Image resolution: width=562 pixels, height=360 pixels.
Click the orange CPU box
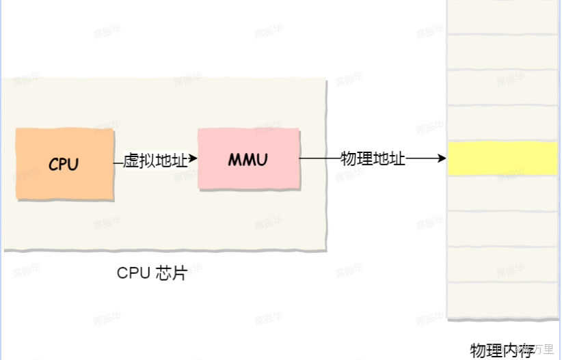(x=64, y=163)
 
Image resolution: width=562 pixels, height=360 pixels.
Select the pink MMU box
(x=248, y=158)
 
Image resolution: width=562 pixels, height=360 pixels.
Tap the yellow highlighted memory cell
(x=503, y=158)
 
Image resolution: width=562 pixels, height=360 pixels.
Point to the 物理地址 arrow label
(x=373, y=159)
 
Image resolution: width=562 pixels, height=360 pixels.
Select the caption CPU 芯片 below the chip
(x=152, y=273)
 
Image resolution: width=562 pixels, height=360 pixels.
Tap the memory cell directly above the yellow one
(x=503, y=124)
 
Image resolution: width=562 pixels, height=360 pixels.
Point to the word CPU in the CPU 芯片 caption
(x=132, y=273)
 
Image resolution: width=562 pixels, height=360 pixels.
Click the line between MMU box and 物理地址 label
(x=319, y=158)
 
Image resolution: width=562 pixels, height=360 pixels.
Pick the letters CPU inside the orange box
(x=64, y=165)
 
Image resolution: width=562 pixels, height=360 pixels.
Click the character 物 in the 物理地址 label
(x=349, y=159)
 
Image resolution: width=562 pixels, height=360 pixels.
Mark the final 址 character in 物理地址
(x=398, y=159)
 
